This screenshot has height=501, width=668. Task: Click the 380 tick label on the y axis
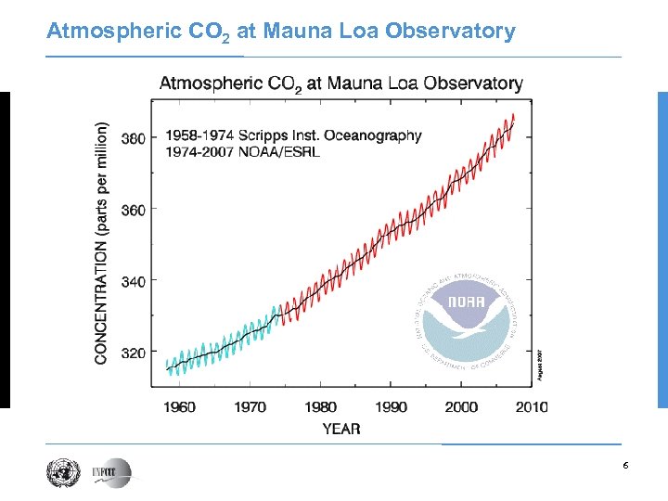click(x=134, y=139)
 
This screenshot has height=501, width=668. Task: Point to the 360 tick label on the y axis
click(x=134, y=210)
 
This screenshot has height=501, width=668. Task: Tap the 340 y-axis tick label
click(x=134, y=280)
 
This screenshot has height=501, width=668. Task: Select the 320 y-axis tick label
click(x=134, y=353)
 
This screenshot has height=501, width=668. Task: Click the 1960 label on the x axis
click(x=179, y=406)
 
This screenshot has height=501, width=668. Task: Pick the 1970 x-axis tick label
click(x=250, y=406)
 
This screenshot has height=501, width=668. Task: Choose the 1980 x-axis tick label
click(x=320, y=406)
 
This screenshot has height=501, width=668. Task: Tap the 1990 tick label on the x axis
click(x=391, y=406)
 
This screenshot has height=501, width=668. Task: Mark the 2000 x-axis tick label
click(x=461, y=406)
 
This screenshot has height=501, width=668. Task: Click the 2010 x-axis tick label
click(x=531, y=406)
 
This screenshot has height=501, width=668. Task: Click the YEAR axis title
click(x=341, y=429)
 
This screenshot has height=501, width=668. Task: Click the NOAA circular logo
click(x=462, y=317)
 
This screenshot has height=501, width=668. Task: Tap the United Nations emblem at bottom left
click(x=60, y=472)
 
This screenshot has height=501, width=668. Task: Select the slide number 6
click(x=625, y=465)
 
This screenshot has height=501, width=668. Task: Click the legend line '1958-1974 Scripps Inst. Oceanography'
click(x=294, y=135)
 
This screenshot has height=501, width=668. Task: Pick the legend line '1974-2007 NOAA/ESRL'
click(x=243, y=152)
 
